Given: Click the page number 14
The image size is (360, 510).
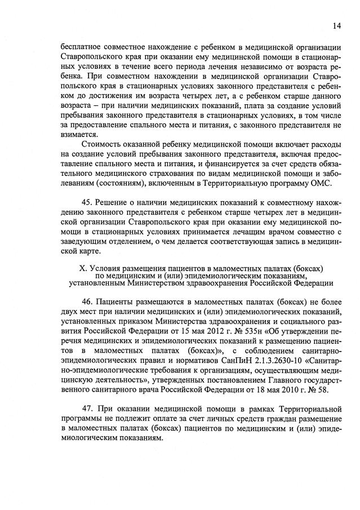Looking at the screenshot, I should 337,25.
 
